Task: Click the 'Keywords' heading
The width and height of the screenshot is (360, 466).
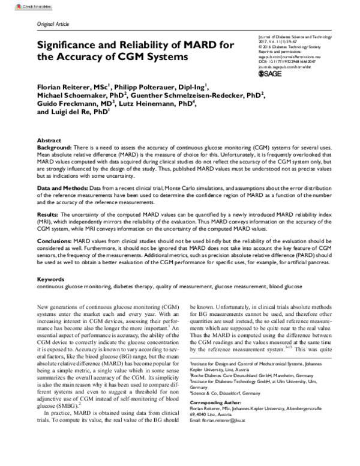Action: tap(51, 280)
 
